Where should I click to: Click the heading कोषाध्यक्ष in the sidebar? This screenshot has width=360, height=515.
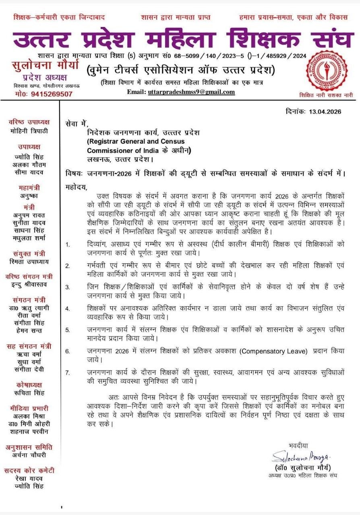tap(30, 385)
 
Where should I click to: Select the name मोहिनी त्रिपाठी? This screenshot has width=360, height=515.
tap(30, 131)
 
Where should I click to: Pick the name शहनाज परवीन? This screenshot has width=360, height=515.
tap(30, 431)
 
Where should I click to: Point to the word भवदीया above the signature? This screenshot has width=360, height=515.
tap(298, 445)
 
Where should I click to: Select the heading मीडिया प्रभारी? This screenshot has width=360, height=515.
tap(30, 408)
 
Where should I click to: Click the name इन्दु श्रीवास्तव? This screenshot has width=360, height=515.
tap(30, 284)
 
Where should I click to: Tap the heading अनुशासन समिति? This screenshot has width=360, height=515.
tap(30, 447)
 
